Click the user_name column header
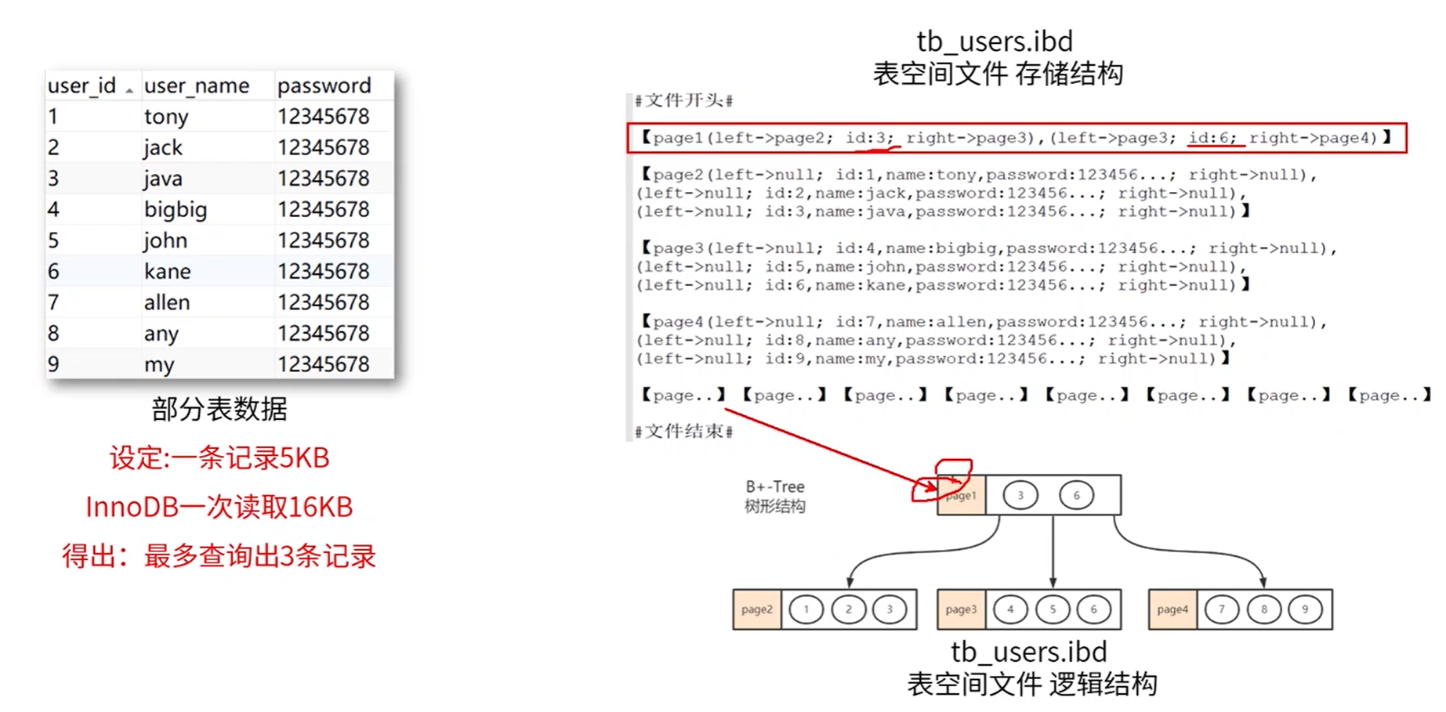[196, 85]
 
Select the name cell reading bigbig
[176, 209]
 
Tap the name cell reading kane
[167, 271]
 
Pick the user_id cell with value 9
[53, 364]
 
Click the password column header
[324, 85]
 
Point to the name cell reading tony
[166, 117]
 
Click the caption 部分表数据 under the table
[219, 409]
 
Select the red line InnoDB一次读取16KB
[219, 507]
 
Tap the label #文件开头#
[683, 100]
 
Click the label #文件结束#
[683, 432]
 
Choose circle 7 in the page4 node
[1221, 609]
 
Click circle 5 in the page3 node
[1053, 609]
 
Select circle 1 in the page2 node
[806, 609]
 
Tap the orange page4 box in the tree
[1172, 609]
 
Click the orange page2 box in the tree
[756, 609]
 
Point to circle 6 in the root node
[1076, 495]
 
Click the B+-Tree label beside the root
[774, 486]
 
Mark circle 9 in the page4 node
[1305, 609]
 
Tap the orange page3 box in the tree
[961, 609]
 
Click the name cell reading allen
[167, 302]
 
